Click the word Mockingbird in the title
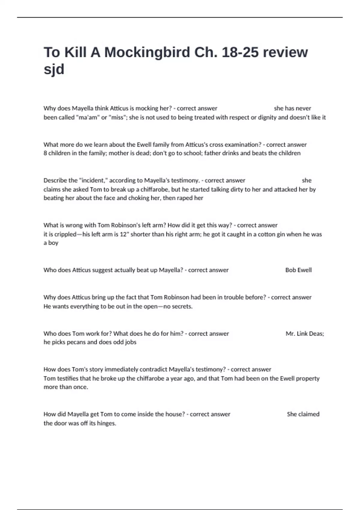(x=147, y=52)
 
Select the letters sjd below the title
(x=54, y=69)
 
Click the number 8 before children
(x=45, y=153)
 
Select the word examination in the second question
(x=242, y=145)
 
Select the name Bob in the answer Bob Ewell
(x=290, y=270)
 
